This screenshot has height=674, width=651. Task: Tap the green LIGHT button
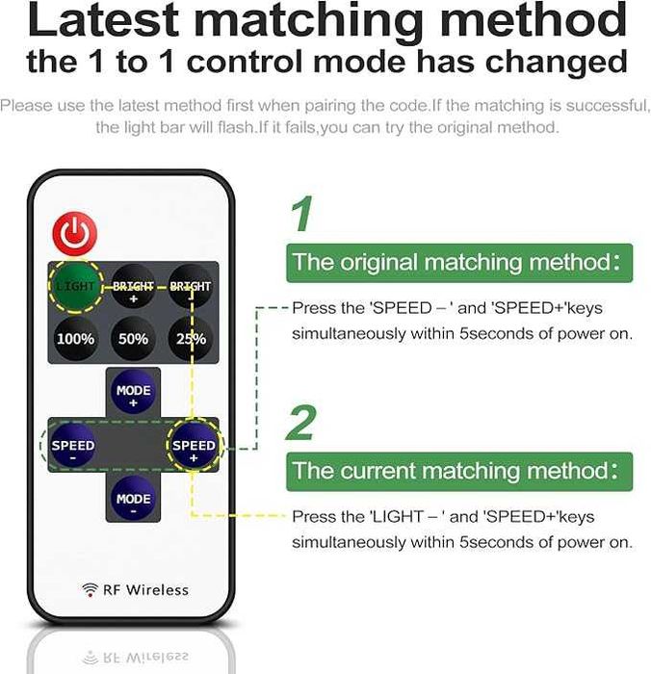75,286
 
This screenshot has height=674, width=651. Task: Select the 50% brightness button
133,339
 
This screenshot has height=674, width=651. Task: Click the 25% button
191,339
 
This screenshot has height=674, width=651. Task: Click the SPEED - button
73,446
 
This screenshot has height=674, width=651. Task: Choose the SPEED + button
194,446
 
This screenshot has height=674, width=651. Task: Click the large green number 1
302,215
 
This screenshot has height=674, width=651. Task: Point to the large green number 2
302,423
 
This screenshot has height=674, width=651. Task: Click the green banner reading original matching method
459,262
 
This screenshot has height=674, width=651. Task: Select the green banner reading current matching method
459,471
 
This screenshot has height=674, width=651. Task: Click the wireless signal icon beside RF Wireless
90,589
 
